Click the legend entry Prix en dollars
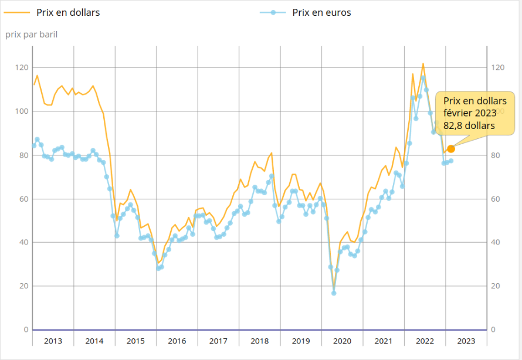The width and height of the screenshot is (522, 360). pos(68,12)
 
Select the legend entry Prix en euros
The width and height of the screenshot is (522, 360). pos(321,12)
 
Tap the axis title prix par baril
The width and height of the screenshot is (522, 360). pos(32,34)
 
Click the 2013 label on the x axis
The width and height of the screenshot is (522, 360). pos(53,341)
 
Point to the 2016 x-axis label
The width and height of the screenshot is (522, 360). pos(177,341)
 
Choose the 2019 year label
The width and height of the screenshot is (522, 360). pos(301,341)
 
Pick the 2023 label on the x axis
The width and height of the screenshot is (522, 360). pos(466,341)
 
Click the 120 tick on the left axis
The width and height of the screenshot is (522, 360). pos(22,68)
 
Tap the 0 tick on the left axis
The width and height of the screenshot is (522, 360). pos(26,330)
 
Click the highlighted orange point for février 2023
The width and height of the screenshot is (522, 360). pos(450,149)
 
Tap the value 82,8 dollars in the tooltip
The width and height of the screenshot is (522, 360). pos(469,125)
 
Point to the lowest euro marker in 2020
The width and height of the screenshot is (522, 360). pos(334,293)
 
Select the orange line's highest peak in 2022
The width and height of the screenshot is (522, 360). pos(423,63)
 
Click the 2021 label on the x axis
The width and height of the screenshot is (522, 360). pos(384,341)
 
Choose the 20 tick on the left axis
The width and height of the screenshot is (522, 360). pos(23,286)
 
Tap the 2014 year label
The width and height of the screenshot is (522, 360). pos(94,341)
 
